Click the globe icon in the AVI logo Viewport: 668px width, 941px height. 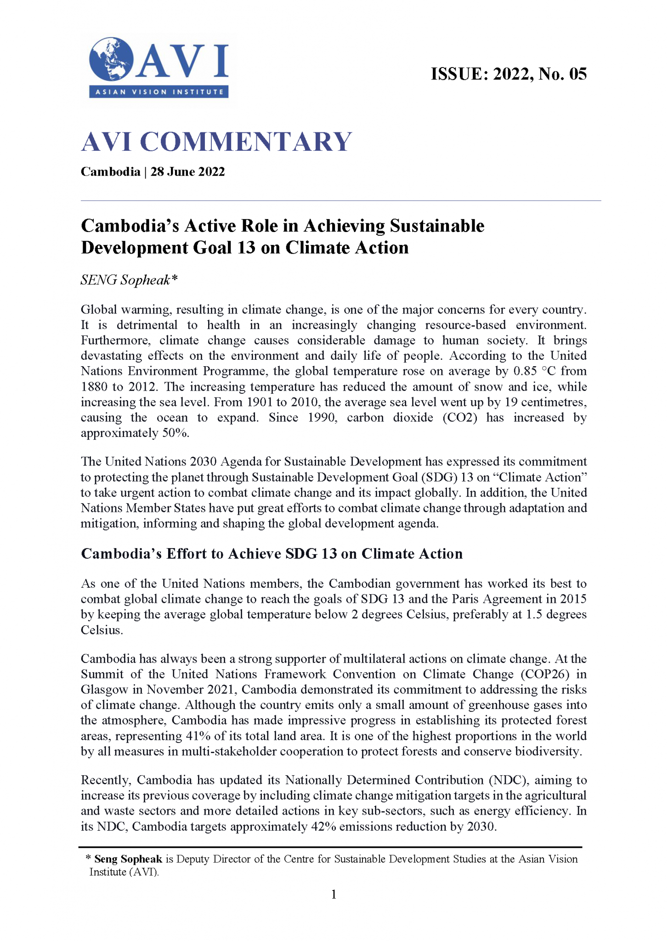pyautogui.click(x=111, y=60)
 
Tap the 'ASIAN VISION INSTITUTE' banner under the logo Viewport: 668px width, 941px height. pyautogui.click(x=159, y=92)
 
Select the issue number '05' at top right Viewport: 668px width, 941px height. pyautogui.click(x=577, y=74)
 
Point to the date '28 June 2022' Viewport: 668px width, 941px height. pyautogui.click(x=187, y=172)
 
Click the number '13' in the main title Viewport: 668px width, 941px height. pyautogui.click(x=247, y=248)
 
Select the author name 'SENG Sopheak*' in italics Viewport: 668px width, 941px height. pyautogui.click(x=129, y=280)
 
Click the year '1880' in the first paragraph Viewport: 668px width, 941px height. pyautogui.click(x=93, y=387)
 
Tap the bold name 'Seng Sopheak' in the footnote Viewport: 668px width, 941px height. pyautogui.click(x=128, y=859)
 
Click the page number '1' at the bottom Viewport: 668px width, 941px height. pyautogui.click(x=334, y=894)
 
